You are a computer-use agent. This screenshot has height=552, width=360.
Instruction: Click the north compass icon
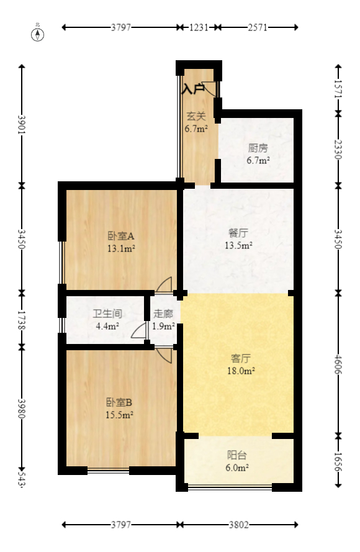(38, 34)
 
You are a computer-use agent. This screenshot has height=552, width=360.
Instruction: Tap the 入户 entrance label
(193, 89)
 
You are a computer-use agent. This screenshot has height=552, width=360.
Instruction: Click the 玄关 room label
(196, 115)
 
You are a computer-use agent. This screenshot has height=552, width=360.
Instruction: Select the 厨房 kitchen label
(258, 148)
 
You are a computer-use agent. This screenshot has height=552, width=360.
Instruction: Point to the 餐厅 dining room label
(238, 233)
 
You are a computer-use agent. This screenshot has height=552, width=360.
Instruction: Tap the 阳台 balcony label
(238, 455)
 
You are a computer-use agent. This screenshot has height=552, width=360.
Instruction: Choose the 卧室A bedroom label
(121, 236)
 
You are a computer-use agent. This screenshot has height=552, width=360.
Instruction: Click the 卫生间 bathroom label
(107, 314)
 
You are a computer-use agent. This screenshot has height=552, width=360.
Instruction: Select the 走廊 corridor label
(163, 314)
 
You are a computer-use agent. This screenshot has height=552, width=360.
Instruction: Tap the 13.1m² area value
(121, 248)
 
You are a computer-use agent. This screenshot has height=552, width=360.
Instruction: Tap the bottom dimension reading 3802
(238, 525)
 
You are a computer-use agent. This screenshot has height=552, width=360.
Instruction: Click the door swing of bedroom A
(164, 284)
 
